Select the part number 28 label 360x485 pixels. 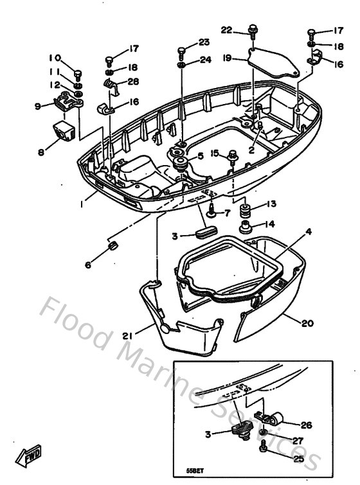pos(133,81)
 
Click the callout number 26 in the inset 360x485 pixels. pos(306,425)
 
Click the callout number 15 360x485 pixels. pos(215,153)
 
